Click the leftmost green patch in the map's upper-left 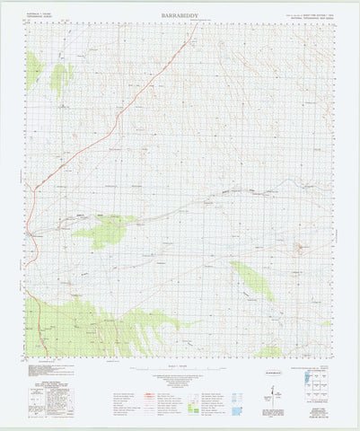[x=33, y=69]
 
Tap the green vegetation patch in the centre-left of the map [x=106, y=230]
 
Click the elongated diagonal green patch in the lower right [x=252, y=280]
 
